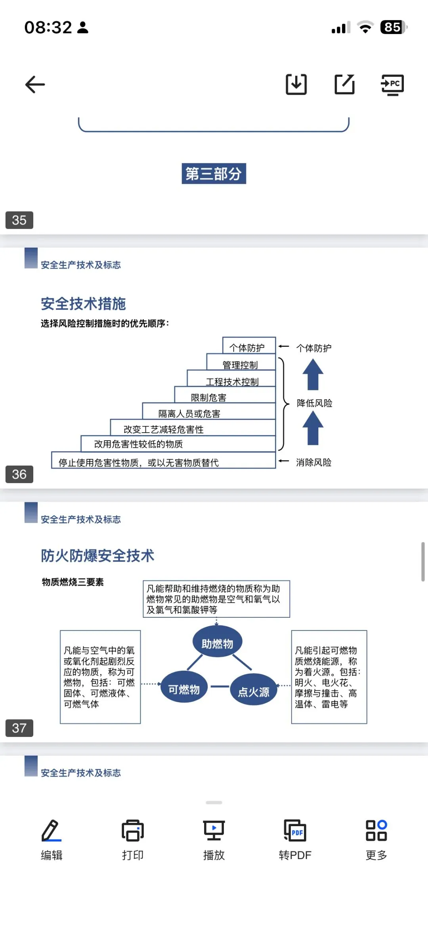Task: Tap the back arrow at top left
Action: [x=35, y=84]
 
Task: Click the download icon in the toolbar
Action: [x=296, y=84]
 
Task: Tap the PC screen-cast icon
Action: [x=392, y=84]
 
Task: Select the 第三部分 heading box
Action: [x=214, y=174]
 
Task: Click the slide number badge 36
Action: [x=19, y=474]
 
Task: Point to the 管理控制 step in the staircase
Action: [x=241, y=364]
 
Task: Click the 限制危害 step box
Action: [x=209, y=397]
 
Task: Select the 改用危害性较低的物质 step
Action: [x=139, y=444]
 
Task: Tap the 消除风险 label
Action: [x=313, y=462]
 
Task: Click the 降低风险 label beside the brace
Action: [x=315, y=403]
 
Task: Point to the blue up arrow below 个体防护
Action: [x=313, y=374]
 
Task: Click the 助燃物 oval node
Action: [x=217, y=643]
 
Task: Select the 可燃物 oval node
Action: [x=184, y=689]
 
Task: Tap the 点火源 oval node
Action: [x=254, y=691]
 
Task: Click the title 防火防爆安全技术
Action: [x=97, y=556]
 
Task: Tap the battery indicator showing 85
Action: [x=393, y=27]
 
